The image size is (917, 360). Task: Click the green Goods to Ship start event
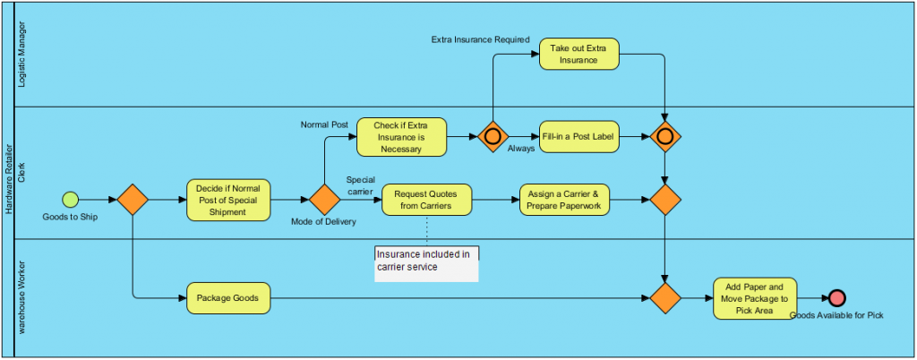click(x=71, y=199)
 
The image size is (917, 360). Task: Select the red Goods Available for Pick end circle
click(x=836, y=298)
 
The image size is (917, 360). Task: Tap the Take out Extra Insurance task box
click(x=578, y=54)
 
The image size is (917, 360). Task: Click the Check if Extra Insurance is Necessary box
click(x=402, y=137)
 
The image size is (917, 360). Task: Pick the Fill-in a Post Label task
click(x=578, y=137)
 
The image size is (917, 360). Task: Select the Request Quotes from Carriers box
click(x=427, y=200)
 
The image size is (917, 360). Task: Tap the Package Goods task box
click(x=228, y=298)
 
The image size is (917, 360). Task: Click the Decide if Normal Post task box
click(x=228, y=200)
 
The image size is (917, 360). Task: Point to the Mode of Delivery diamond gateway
click(x=324, y=200)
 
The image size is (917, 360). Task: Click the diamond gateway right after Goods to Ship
click(x=133, y=200)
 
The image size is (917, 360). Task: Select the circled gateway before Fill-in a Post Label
click(x=492, y=137)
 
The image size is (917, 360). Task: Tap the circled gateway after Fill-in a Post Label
click(x=665, y=137)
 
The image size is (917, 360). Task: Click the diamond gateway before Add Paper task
click(x=665, y=298)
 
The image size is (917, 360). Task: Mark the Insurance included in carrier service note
click(x=426, y=261)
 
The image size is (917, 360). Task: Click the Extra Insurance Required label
click(x=480, y=39)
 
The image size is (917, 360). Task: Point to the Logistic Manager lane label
click(x=23, y=54)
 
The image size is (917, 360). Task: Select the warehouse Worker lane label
click(x=23, y=297)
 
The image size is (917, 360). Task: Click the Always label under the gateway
click(x=520, y=149)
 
